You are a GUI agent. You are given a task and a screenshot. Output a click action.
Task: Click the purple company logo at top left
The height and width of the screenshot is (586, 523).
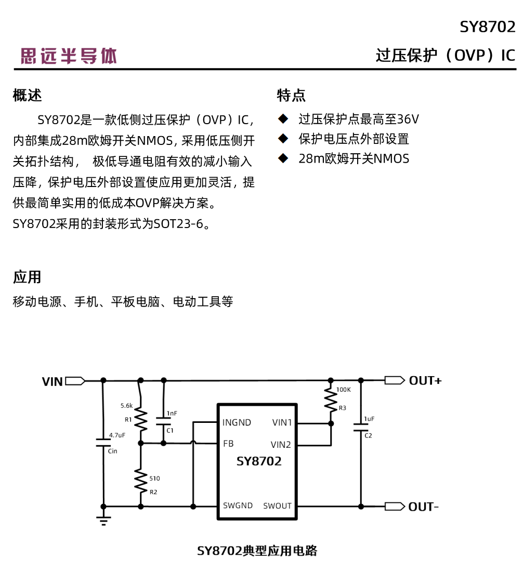(x=69, y=56)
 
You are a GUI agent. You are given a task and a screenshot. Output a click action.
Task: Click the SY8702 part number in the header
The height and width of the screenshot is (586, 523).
(x=487, y=27)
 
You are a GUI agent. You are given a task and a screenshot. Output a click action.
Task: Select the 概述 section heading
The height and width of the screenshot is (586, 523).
(x=27, y=96)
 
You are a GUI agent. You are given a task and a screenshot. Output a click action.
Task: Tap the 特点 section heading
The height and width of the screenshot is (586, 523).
(x=291, y=96)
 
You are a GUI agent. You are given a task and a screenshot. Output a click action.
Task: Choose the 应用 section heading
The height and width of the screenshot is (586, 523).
(x=27, y=277)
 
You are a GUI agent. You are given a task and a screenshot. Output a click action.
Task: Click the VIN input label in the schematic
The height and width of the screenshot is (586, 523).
(x=53, y=382)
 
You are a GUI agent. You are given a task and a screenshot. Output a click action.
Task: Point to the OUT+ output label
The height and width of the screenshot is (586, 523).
(x=425, y=381)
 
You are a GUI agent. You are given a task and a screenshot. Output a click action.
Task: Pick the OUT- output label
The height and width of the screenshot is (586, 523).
(x=423, y=507)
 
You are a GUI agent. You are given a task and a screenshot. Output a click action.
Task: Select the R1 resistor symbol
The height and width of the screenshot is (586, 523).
(x=140, y=419)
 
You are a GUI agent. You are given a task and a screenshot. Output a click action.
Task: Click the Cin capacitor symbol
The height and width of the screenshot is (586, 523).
(x=103, y=443)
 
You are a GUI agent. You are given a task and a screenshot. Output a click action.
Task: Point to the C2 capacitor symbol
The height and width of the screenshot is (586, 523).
(x=360, y=427)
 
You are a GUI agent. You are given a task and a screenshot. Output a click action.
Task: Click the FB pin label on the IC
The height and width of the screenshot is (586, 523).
(x=228, y=444)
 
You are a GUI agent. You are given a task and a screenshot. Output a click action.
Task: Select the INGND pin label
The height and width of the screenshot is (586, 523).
(x=237, y=422)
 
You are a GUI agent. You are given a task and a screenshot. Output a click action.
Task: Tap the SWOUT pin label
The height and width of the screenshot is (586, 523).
(x=277, y=506)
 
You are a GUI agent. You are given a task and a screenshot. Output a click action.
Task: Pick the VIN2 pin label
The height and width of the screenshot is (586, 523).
(x=281, y=445)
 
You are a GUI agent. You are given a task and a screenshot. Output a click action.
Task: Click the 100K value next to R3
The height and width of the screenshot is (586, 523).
(x=344, y=389)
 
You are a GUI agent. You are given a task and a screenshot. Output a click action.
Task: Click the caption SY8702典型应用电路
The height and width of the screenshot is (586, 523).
(x=257, y=551)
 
